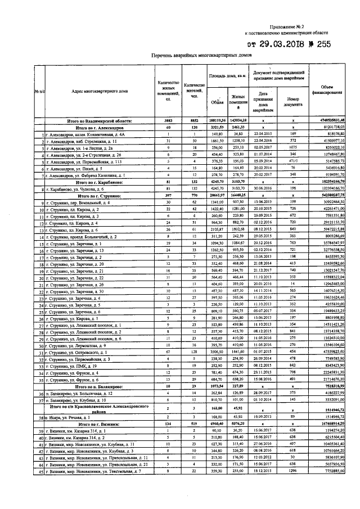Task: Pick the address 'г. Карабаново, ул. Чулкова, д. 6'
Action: pyautogui.click(x=73, y=189)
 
